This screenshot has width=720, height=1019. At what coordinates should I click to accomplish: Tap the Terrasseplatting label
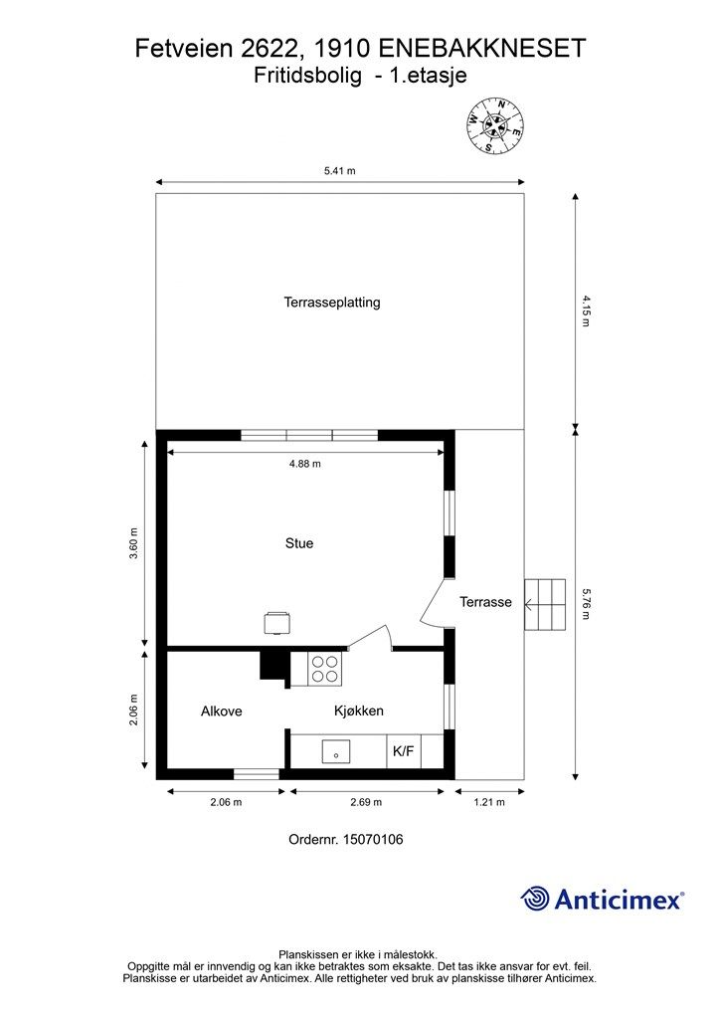332,303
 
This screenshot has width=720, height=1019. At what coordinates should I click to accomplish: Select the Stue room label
299,543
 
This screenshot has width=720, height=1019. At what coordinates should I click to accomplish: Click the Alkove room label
221,711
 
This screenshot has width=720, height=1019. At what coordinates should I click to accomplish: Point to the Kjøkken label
358,711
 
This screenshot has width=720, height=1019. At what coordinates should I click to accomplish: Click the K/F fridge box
403,751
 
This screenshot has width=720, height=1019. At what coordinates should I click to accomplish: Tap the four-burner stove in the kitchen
325,668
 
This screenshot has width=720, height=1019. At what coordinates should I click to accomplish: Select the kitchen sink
338,752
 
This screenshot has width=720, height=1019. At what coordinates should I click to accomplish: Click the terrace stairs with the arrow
544,603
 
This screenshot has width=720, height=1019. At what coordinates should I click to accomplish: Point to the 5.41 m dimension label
339,171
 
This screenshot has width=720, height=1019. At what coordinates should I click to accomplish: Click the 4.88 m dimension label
304,464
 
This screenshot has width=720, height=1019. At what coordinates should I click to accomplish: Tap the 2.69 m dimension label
365,802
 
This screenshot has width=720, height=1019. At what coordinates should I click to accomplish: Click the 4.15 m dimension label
586,310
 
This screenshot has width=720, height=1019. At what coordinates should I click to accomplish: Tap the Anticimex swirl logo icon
535,899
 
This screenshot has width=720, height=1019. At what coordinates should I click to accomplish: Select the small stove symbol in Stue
276,622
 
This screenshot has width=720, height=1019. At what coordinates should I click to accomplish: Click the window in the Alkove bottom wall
257,773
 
